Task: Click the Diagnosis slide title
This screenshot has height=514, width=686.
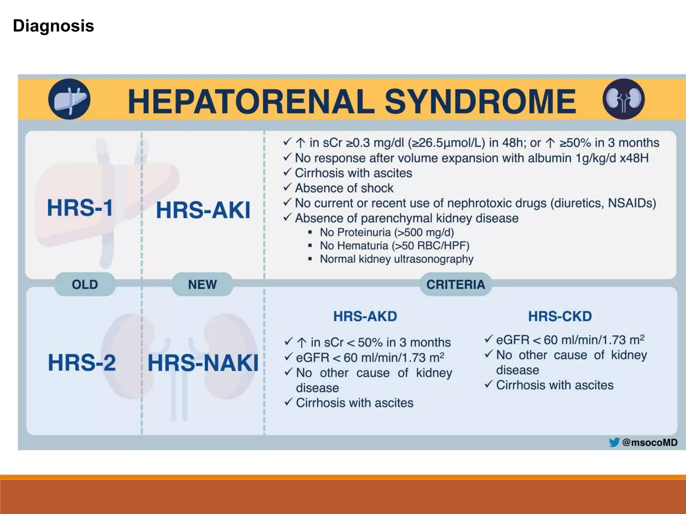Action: [x=54, y=26]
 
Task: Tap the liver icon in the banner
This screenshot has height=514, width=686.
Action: [x=69, y=99]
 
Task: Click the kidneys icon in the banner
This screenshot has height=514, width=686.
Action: [x=623, y=99]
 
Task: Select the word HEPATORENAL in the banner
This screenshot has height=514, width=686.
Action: [x=251, y=101]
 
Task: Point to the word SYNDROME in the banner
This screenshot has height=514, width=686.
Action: [x=480, y=101]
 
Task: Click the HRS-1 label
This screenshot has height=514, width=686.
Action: [x=80, y=208]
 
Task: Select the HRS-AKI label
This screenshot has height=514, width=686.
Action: [x=203, y=210]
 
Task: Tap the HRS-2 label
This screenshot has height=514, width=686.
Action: [x=82, y=363]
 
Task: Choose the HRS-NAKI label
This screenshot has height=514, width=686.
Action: [x=203, y=363]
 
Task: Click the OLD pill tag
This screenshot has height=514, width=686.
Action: [x=85, y=284]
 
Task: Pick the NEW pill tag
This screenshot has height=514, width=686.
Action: [x=202, y=284]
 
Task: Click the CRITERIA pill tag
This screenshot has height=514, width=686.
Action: [x=456, y=284]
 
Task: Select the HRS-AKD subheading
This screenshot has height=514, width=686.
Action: [x=365, y=316]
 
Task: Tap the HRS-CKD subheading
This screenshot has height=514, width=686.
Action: [x=560, y=316]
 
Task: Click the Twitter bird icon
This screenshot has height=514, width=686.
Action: [x=614, y=442]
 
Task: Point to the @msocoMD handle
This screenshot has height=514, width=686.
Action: [x=649, y=442]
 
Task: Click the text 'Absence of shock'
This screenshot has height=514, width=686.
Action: [x=344, y=188]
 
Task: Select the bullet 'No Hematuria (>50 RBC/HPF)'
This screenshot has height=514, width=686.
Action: [x=394, y=246]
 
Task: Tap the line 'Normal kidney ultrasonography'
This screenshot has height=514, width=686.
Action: [x=396, y=259]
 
